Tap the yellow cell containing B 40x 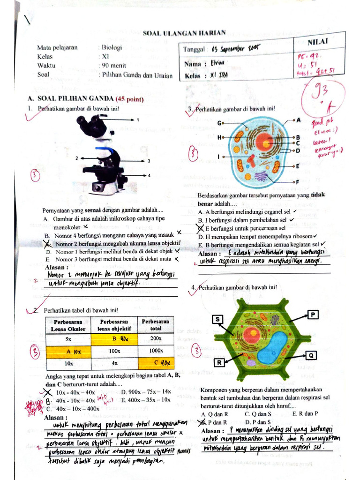pos(114,338)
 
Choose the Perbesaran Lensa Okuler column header pos(68,325)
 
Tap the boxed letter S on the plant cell pos(217,320)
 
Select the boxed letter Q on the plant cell pos(312,354)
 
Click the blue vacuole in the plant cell pos(279,347)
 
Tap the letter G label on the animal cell pos(219,122)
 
